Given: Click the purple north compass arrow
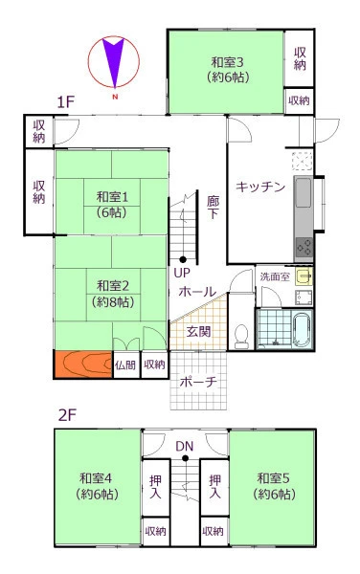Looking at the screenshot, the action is [x=114, y=58].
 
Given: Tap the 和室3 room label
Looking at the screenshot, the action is [x=227, y=62].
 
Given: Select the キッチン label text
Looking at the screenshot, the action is [x=260, y=187].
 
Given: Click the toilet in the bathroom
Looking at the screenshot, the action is [x=241, y=336].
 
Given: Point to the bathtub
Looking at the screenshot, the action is [x=303, y=329].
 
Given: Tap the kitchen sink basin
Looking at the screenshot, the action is [x=304, y=192].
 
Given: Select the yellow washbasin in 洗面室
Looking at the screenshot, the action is [x=304, y=276].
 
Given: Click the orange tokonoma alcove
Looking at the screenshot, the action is [x=83, y=364].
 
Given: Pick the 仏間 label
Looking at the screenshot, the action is [x=125, y=365].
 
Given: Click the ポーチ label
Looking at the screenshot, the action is [x=198, y=382].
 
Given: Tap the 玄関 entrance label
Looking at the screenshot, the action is [x=198, y=332].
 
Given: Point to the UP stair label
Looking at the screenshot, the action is [x=182, y=273].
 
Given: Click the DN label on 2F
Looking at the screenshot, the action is [x=185, y=446].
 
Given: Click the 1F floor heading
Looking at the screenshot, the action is [x=66, y=102].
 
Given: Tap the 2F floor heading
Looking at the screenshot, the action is [x=67, y=415].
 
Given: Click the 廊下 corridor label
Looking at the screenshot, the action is [x=214, y=208].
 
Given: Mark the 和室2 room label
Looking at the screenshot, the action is [x=113, y=285].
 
